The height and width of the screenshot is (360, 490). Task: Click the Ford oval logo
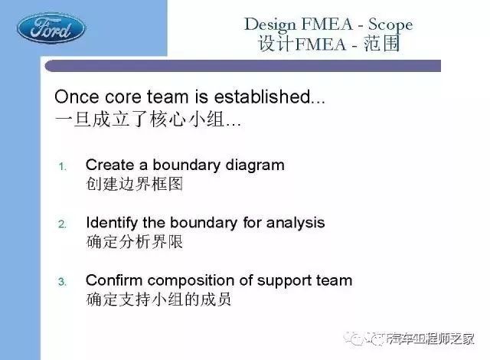[x=51, y=28]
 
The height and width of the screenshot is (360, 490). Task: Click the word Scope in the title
[x=390, y=25]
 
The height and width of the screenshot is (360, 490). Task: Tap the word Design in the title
[x=269, y=25]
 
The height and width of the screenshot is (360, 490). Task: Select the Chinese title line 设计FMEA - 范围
[x=328, y=44]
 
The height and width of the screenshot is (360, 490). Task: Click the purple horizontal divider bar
[x=243, y=66]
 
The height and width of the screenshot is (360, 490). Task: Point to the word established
[x=262, y=97]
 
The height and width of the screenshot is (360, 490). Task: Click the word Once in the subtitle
[x=77, y=97]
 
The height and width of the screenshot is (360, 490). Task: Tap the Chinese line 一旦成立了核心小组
[x=139, y=119]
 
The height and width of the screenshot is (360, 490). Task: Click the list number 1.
[x=63, y=166]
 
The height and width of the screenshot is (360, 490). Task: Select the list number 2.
[x=62, y=224]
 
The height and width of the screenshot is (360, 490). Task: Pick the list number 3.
[x=62, y=282]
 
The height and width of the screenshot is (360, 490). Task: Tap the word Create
[x=109, y=165]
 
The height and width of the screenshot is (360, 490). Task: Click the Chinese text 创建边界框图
[x=135, y=184]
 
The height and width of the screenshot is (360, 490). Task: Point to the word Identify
[x=112, y=223]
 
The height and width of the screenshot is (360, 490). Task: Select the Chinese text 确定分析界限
[x=135, y=241]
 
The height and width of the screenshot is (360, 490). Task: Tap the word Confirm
[x=114, y=280]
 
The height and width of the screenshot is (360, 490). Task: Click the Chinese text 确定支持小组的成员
[x=158, y=299]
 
